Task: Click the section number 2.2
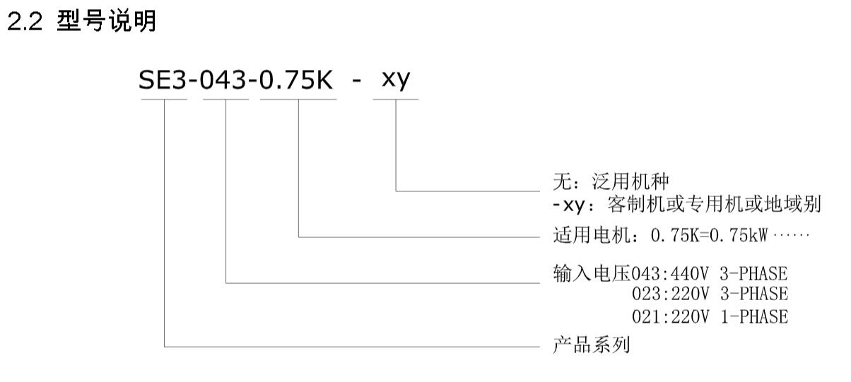point(25,23)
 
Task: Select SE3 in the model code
point(165,81)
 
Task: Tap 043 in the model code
point(226,81)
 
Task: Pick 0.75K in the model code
point(298,81)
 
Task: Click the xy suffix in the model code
point(396,81)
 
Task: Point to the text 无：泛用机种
point(610,183)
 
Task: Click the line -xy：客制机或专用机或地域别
point(686,205)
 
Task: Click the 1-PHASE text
point(754,317)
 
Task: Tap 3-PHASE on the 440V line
point(754,274)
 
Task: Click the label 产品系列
point(590,347)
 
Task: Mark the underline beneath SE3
point(164,99)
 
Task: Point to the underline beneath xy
point(396,99)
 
